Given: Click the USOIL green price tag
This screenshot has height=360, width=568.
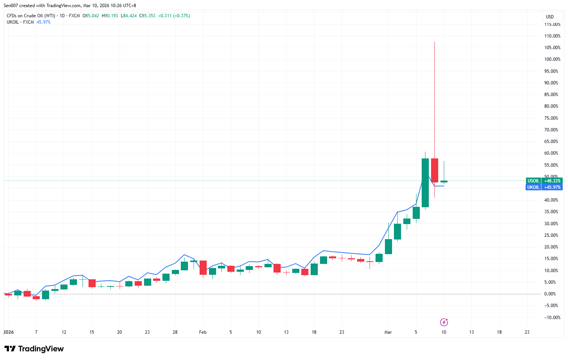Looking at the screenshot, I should (x=544, y=181).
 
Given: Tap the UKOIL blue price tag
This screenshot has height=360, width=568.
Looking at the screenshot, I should (x=544, y=187).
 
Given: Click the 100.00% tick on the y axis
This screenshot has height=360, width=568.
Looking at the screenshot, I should (x=552, y=59).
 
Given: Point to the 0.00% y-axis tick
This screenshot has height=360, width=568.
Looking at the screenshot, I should (x=550, y=294).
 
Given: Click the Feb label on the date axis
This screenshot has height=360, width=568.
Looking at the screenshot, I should (x=203, y=332).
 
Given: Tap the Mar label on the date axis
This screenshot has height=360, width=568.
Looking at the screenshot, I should (x=388, y=332).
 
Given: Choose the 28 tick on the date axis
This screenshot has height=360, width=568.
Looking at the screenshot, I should (x=175, y=332).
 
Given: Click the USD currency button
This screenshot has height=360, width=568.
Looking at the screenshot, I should (x=550, y=17).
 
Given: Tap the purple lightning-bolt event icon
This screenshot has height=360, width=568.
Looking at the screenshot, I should (x=444, y=322).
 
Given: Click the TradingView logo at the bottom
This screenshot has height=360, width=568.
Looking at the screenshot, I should (x=34, y=349).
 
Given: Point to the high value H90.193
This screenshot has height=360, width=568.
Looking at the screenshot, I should (x=110, y=16).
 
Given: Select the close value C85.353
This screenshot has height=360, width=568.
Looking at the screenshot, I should (x=147, y=16).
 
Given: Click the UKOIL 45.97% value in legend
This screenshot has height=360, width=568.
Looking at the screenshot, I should (x=44, y=22).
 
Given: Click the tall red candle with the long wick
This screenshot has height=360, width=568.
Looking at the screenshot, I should (x=434, y=170).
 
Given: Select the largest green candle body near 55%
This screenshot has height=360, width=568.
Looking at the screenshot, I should (x=425, y=183).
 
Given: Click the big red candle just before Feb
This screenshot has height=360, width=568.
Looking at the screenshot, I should (x=203, y=267).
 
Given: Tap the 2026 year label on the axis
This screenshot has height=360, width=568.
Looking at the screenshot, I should (x=9, y=332).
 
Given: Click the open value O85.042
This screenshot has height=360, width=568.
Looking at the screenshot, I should (x=91, y=16).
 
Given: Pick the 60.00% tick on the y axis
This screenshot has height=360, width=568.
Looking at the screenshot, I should (x=551, y=153).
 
